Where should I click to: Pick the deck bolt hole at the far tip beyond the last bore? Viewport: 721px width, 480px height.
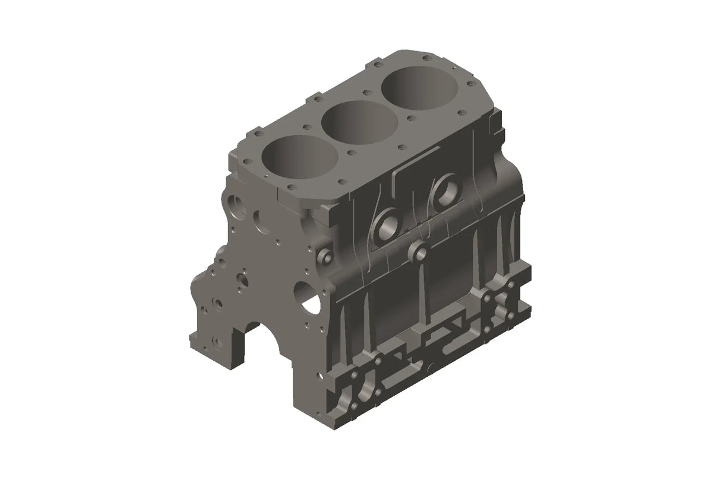click(425, 58)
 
